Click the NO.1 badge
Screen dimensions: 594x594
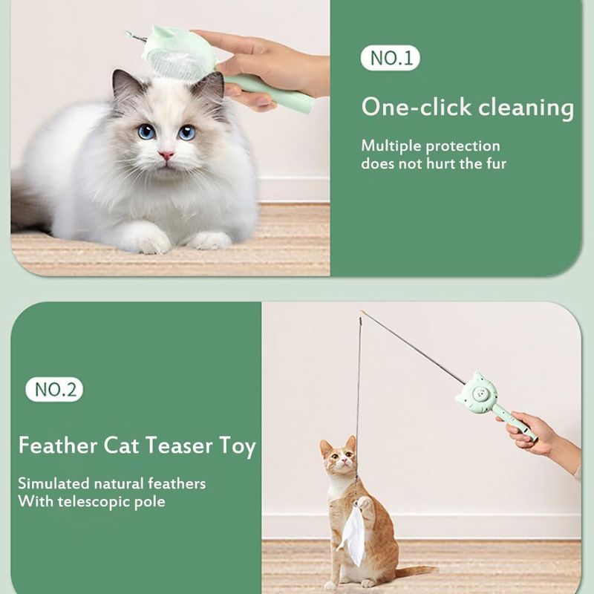point(391,58)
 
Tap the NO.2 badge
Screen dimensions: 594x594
point(54,389)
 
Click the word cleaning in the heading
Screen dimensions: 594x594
point(526,108)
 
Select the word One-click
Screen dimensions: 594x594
point(417,107)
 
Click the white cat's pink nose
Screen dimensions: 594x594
point(166,155)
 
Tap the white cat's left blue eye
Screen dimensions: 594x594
point(146,132)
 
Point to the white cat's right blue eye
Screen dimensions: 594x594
point(187,133)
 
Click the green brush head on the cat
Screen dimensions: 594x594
point(178,52)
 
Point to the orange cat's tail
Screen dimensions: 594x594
point(415,571)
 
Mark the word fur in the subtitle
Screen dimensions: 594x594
point(496,164)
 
